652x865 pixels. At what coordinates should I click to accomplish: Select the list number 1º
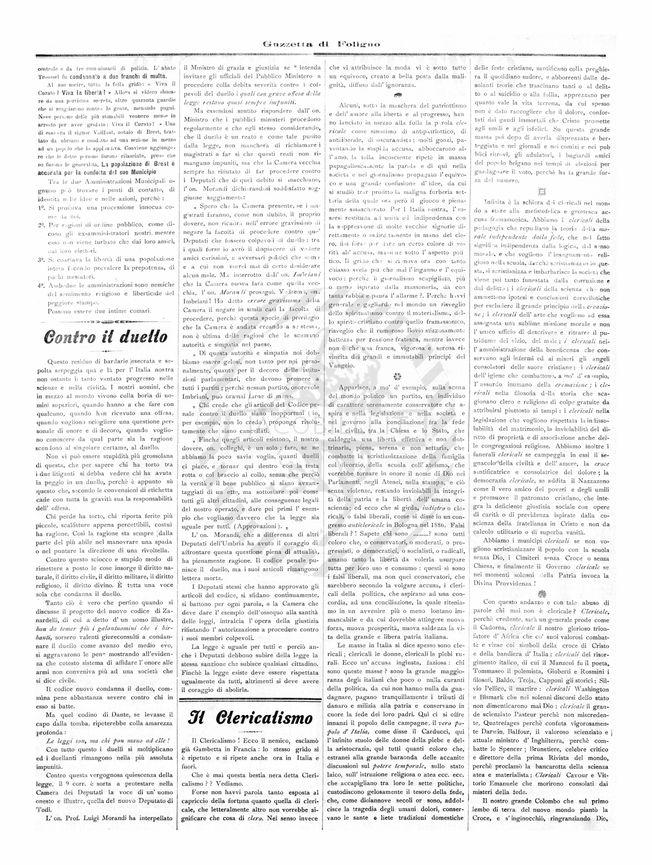point(42,208)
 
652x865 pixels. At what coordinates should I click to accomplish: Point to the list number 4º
point(42,285)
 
